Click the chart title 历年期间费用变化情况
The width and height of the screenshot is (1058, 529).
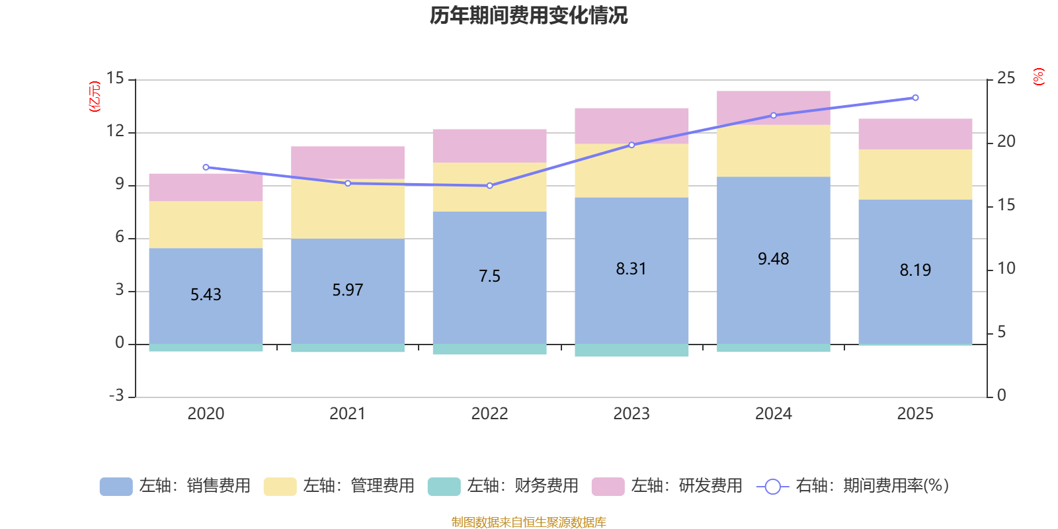point(528,16)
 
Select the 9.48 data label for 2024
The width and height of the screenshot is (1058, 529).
point(773,259)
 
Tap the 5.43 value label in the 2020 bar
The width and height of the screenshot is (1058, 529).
point(206,295)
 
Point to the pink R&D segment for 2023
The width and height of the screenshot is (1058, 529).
point(631,124)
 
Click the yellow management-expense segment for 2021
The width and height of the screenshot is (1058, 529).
point(348,209)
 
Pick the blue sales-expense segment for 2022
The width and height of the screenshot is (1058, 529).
point(489,304)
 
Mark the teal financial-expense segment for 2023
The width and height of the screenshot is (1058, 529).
point(631,350)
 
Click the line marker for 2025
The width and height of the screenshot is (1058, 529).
point(915,98)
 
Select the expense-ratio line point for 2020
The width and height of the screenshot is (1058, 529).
point(206,167)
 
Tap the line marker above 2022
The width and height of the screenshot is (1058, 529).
point(489,186)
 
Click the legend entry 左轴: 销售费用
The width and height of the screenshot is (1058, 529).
point(175,486)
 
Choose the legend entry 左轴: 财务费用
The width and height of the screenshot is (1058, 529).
point(503,486)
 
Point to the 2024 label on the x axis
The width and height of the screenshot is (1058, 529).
point(773,414)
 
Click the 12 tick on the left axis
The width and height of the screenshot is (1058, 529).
point(115,132)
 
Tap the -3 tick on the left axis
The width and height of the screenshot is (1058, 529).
point(116,395)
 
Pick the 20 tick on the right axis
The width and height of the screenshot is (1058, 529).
point(1006,142)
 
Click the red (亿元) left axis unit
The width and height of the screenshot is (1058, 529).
point(95,97)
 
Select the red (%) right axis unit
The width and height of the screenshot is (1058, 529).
point(1039,77)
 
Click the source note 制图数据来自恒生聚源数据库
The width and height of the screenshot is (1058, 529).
point(528,522)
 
